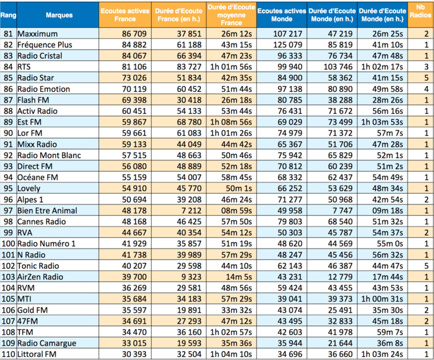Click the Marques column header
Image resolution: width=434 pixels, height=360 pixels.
(59, 15)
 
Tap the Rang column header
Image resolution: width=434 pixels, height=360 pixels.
(8, 15)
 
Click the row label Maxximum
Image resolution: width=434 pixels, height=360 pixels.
(38, 34)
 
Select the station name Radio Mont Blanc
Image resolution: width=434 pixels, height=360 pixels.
(47, 155)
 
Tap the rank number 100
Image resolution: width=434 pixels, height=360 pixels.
(8, 243)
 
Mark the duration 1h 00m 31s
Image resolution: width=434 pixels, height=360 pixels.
(382, 298)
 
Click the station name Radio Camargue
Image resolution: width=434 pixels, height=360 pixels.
(47, 342)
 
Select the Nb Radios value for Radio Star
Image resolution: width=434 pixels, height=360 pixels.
(426, 78)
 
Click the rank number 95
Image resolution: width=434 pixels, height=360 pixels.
(8, 188)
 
